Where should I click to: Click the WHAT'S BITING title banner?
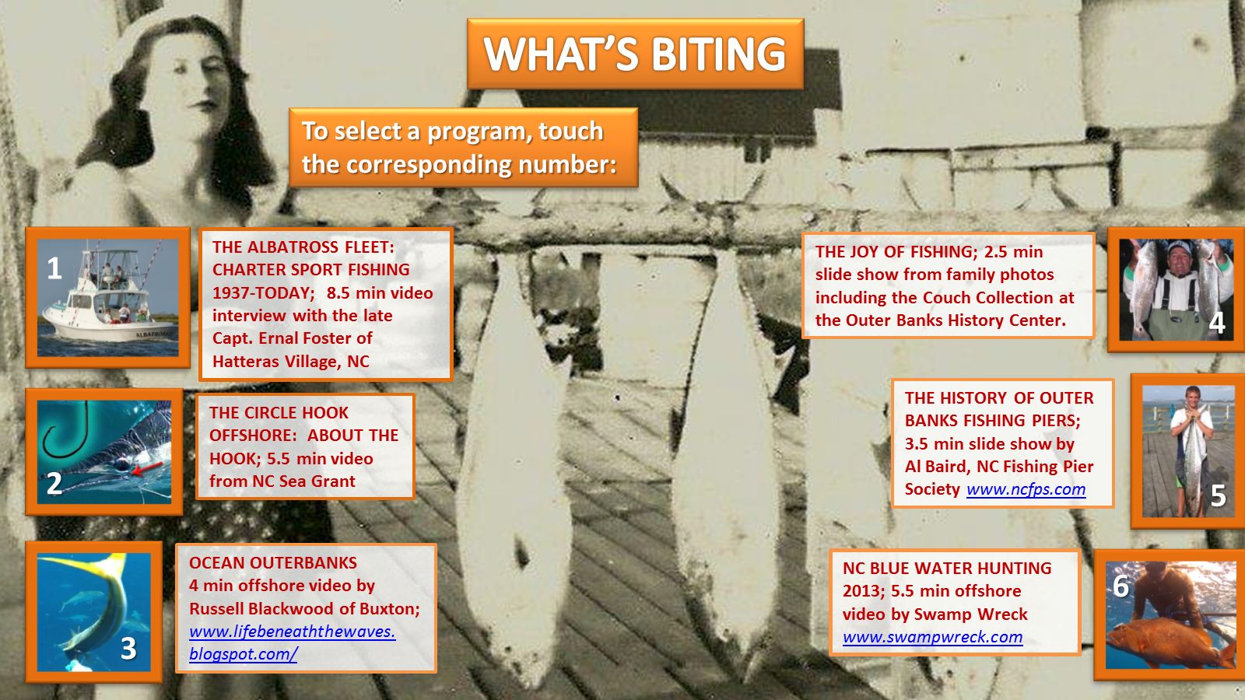(x=635, y=54)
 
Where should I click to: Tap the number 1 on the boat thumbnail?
(x=54, y=268)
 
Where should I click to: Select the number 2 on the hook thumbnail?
(x=54, y=483)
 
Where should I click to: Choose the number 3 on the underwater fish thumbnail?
(x=128, y=648)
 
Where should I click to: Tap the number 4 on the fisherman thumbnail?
(x=1217, y=324)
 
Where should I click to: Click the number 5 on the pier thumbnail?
(x=1218, y=495)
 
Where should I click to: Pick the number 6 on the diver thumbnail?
(x=1120, y=586)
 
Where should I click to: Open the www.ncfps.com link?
(x=1026, y=489)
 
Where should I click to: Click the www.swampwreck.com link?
(x=933, y=637)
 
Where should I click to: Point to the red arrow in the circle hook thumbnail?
(x=147, y=467)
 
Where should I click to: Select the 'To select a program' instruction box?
(x=463, y=147)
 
